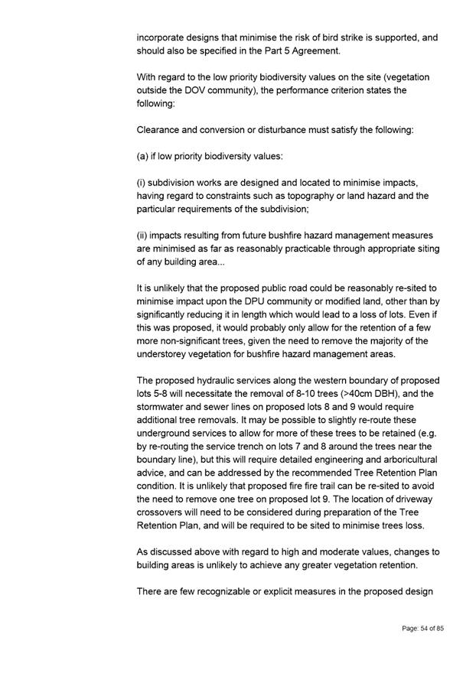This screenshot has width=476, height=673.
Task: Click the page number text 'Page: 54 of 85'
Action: [423, 628]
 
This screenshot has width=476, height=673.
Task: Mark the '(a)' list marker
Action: [144, 157]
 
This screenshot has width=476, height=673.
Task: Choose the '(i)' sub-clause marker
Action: [142, 184]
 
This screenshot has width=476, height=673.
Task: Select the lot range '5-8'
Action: [154, 393]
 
